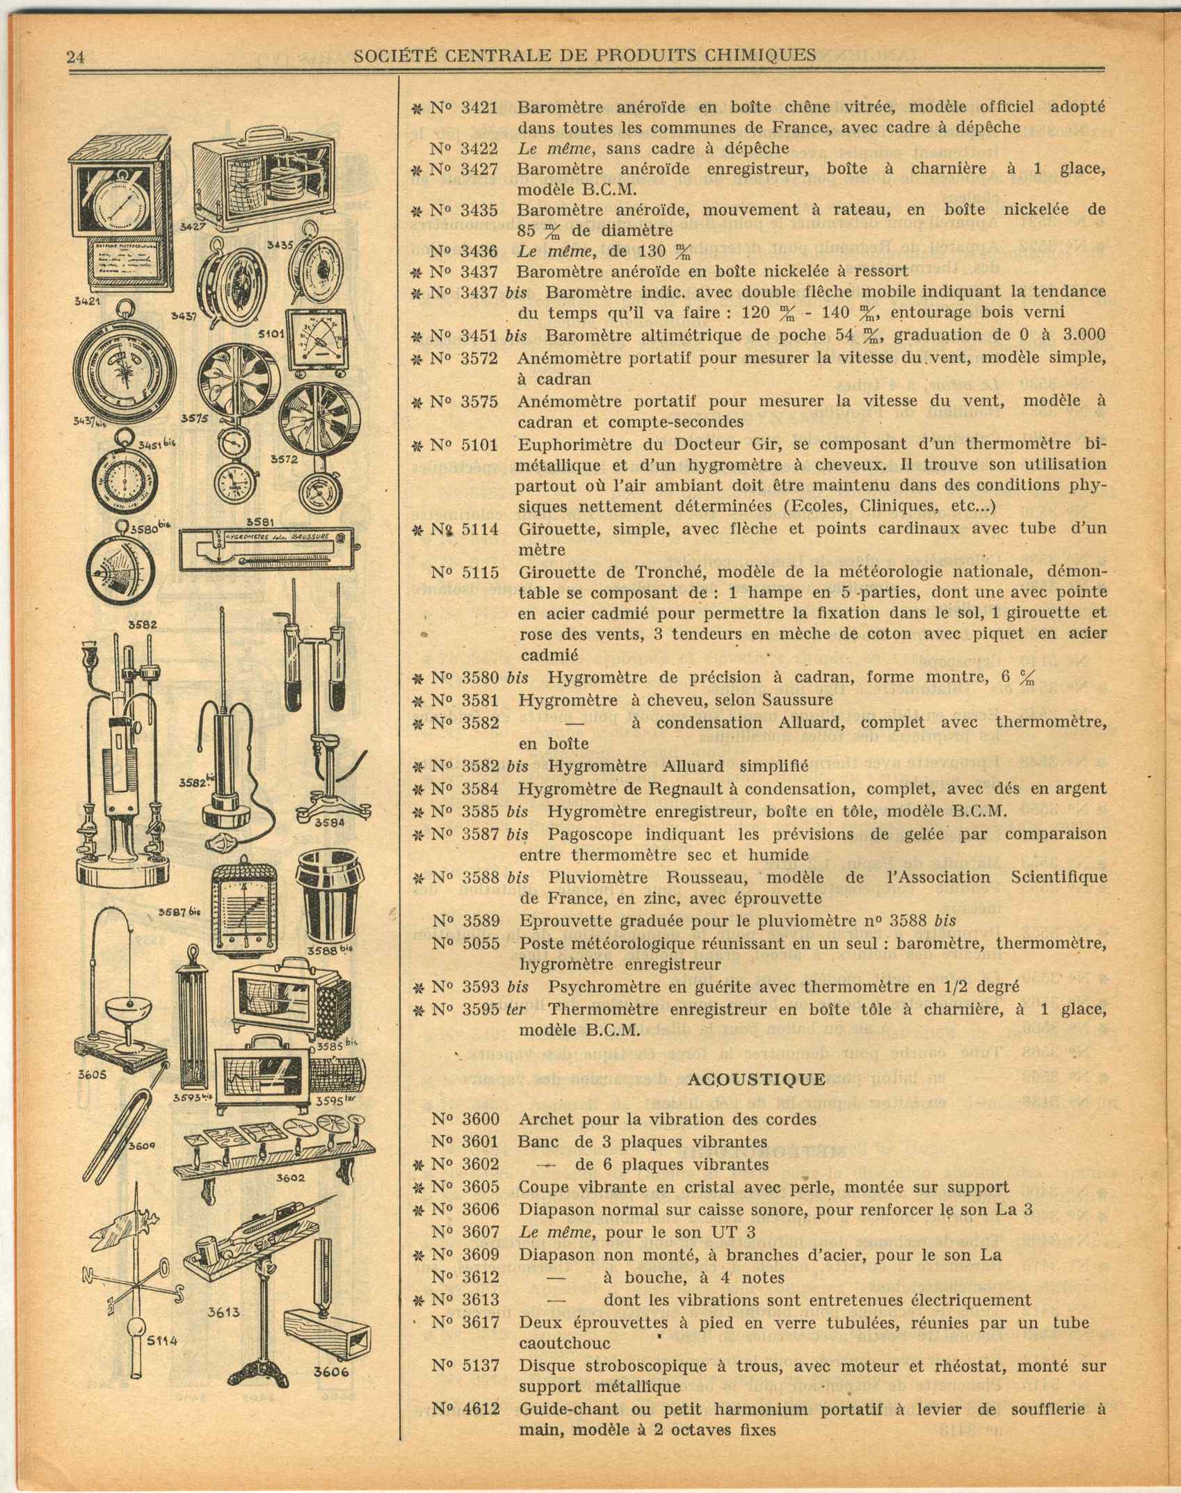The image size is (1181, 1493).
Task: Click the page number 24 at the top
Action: point(76,57)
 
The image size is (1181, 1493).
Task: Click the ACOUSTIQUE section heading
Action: point(756,1079)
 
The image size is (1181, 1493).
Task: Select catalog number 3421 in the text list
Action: point(479,107)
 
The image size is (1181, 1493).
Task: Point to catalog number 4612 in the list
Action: point(481,1410)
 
